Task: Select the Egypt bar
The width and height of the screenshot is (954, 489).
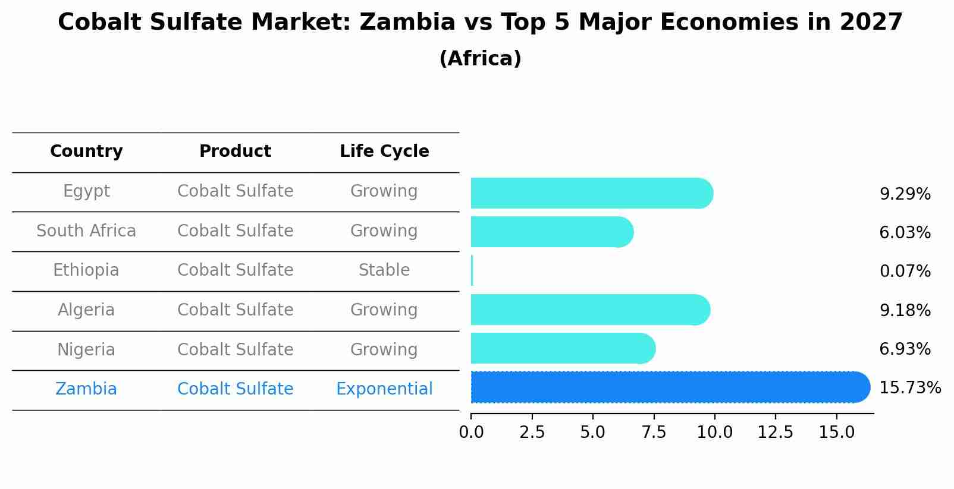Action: [x=591, y=193]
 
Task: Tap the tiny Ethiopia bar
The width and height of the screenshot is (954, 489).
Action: [x=472, y=271]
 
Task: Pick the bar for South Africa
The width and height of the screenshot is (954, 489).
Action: [x=551, y=232]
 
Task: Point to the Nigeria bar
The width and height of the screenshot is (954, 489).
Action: [x=563, y=348]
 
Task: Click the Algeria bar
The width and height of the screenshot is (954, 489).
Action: [x=589, y=310]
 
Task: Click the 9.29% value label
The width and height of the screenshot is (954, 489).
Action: [x=905, y=194]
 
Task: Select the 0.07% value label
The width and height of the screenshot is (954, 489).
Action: [x=905, y=272]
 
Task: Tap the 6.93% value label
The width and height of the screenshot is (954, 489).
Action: [x=905, y=349]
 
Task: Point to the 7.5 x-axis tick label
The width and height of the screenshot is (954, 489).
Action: [x=654, y=433]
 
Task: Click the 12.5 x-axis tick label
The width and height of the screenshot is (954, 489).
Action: [x=775, y=433]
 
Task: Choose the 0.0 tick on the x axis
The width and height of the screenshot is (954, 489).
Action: [x=471, y=433]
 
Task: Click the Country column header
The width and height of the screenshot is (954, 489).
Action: [x=86, y=152]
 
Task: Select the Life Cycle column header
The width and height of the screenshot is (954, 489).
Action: [x=384, y=152]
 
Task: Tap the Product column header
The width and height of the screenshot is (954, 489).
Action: [x=235, y=152]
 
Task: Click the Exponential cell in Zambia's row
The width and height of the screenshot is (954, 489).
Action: [x=384, y=389]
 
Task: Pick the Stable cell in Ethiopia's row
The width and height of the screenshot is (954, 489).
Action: [x=384, y=270]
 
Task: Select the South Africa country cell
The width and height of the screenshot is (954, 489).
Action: [x=86, y=231]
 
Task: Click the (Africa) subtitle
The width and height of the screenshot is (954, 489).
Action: [x=480, y=59]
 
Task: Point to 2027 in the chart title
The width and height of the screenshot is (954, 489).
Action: [x=871, y=23]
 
